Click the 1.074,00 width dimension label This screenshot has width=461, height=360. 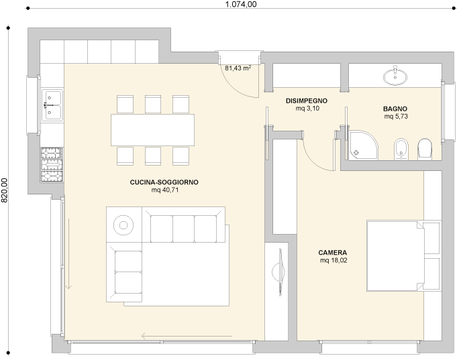click(241, 4)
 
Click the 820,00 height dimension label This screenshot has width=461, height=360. click(4, 190)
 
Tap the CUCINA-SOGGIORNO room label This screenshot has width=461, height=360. click(164, 182)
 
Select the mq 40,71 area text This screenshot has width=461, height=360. click(165, 190)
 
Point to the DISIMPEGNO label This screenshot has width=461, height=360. click(307, 101)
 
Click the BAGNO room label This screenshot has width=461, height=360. click(395, 109)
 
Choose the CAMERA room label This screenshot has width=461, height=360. click(333, 253)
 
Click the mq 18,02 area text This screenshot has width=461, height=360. click(334, 261)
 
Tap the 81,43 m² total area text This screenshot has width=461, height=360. click(238, 68)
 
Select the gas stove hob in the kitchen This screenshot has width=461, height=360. click(52, 165)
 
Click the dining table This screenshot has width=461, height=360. click(152, 130)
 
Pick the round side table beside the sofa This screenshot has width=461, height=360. click(123, 225)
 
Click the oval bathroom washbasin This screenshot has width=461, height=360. click(395, 76)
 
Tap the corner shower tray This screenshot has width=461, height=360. click(363, 145)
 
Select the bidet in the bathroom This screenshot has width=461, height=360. click(401, 149)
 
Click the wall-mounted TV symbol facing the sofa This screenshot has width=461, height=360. click(279, 272)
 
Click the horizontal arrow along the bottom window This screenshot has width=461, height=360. click(187, 336)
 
